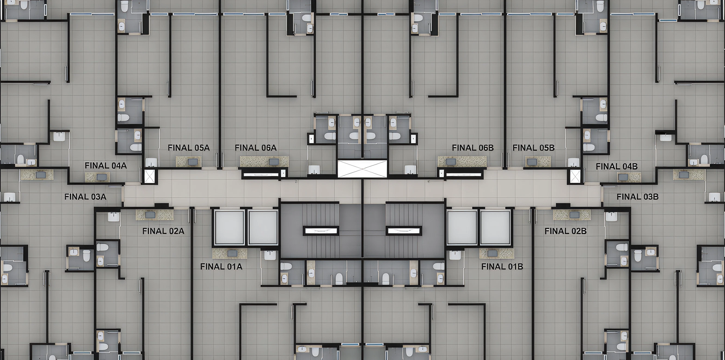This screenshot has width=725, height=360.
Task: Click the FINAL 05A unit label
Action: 189,148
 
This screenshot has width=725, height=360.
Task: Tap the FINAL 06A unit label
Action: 256,148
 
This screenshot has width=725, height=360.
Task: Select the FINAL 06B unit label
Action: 473,148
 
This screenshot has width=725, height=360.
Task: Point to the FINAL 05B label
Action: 534,148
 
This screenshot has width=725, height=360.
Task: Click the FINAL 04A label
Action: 105,165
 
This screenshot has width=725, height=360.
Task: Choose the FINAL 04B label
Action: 617,166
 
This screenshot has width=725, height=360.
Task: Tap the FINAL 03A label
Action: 85,197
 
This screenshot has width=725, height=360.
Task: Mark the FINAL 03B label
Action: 638,197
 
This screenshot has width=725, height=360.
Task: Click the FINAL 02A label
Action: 163,231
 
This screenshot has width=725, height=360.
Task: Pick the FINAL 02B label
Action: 565,231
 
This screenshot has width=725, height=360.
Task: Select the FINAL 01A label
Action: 221,267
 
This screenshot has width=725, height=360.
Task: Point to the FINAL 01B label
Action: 502,267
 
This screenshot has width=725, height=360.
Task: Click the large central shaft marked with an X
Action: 362,169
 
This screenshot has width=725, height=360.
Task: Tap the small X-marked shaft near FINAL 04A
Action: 149,176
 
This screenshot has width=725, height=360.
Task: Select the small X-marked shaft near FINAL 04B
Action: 575,176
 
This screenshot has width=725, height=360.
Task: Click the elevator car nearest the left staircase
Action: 263,227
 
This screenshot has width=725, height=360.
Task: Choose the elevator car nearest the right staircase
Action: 462,227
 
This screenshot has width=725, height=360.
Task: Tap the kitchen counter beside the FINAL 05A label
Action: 189,162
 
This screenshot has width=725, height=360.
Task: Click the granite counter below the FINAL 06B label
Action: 462,162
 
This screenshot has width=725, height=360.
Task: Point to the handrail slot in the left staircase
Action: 321,231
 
